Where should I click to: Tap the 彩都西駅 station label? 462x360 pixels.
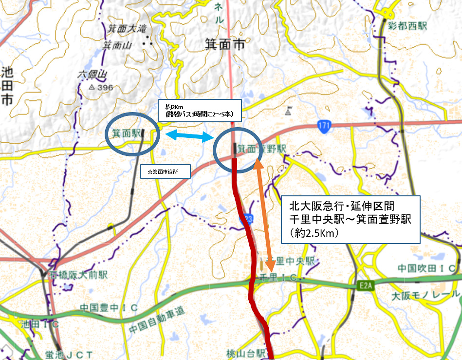coord(408,25)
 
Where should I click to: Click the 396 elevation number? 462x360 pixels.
coord(105,88)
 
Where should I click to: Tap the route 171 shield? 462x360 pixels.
coord(324,126)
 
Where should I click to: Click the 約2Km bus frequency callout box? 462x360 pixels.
coord(199,110)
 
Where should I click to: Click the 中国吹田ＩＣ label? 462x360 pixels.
coord(426,268)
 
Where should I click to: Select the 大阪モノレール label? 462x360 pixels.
coord(425,295)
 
